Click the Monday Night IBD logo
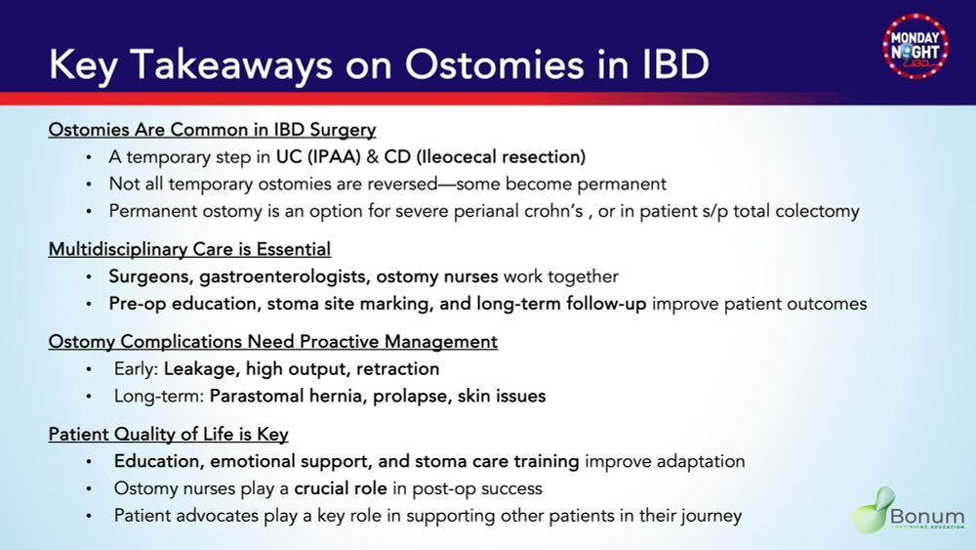(x=915, y=46)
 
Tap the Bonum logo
(x=908, y=510)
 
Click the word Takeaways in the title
(x=231, y=64)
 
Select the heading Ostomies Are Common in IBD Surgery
(x=212, y=130)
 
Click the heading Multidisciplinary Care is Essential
(x=190, y=249)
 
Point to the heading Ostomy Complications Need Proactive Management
(x=273, y=341)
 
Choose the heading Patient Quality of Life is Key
(x=169, y=434)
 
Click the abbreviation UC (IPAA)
(x=319, y=157)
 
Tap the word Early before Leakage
(x=134, y=368)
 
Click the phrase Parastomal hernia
(x=286, y=397)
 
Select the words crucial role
(x=341, y=488)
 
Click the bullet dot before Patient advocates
(x=89, y=516)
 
